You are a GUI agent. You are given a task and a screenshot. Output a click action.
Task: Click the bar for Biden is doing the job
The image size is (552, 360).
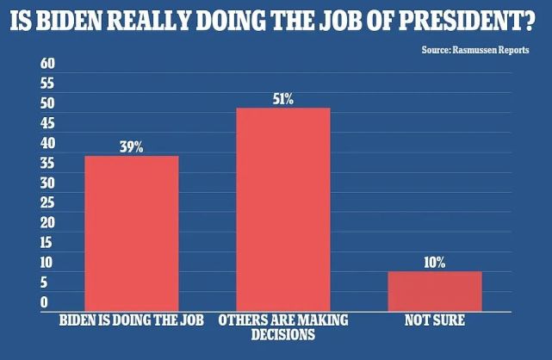pyautogui.click(x=131, y=233)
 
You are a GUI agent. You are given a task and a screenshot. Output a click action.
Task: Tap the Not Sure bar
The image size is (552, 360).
pyautogui.click(x=434, y=290)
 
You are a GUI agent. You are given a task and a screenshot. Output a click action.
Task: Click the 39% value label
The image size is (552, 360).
pyautogui.click(x=131, y=147)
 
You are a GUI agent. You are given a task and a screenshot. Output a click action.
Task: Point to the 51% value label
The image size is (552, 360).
pyautogui.click(x=282, y=99)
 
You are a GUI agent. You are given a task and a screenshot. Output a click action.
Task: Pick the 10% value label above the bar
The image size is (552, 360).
pyautogui.click(x=434, y=263)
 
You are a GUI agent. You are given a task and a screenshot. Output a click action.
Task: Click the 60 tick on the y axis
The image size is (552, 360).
pyautogui.click(x=48, y=65)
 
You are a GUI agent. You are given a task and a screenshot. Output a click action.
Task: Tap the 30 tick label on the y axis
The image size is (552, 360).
pyautogui.click(x=48, y=183)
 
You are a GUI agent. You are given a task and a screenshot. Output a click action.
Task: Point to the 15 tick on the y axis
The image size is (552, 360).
pyautogui.click(x=48, y=243)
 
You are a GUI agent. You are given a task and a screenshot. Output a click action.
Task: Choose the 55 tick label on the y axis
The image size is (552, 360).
pyautogui.click(x=48, y=84)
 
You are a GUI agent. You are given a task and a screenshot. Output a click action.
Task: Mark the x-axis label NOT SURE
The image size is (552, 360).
pyautogui.click(x=434, y=320)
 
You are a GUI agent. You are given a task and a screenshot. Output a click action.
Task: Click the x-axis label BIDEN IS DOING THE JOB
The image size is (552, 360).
pyautogui.click(x=131, y=320)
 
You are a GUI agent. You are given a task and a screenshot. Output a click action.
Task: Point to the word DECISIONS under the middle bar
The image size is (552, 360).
pyautogui.click(x=282, y=334)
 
